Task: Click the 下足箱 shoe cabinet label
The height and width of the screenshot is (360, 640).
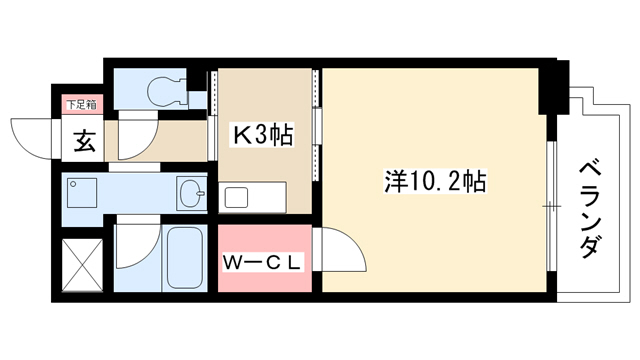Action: coord(82,104)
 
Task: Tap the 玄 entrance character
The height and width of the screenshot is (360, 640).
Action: coord(84,141)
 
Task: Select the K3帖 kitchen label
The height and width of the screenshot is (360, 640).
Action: coord(262,136)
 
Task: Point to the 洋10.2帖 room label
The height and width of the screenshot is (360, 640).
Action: coord(435,182)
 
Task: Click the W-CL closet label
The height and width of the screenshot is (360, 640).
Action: coord(262,263)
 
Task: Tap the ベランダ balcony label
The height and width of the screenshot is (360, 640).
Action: coord(589,210)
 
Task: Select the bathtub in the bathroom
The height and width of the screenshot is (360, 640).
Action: coord(185,258)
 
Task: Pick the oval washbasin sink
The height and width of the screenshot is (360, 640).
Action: coord(192,193)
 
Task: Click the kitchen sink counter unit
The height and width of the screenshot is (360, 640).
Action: coord(252,197)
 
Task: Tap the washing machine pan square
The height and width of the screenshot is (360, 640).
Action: coord(82,193)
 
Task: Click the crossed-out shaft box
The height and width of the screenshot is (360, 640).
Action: coord(82,265)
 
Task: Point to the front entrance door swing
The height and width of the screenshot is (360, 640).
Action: coord(32,139)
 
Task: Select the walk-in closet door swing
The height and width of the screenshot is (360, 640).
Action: coord(341,249)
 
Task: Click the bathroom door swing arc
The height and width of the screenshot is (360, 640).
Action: coord(138,246)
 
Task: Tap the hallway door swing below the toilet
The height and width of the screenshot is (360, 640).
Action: coord(138,139)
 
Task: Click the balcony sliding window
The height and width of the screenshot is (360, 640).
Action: coord(551,206)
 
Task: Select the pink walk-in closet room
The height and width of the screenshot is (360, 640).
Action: coord(264,258)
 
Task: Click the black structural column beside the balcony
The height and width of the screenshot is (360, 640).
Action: coord(553,87)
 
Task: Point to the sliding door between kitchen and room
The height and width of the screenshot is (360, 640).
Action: coord(316,125)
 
